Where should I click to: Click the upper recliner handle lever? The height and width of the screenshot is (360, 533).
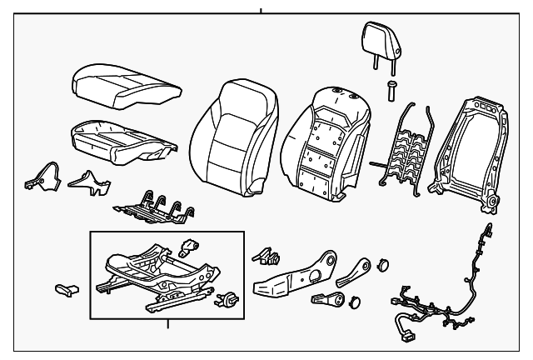click(x=358, y=271)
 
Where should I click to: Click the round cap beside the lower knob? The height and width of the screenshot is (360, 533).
click(x=354, y=302)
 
